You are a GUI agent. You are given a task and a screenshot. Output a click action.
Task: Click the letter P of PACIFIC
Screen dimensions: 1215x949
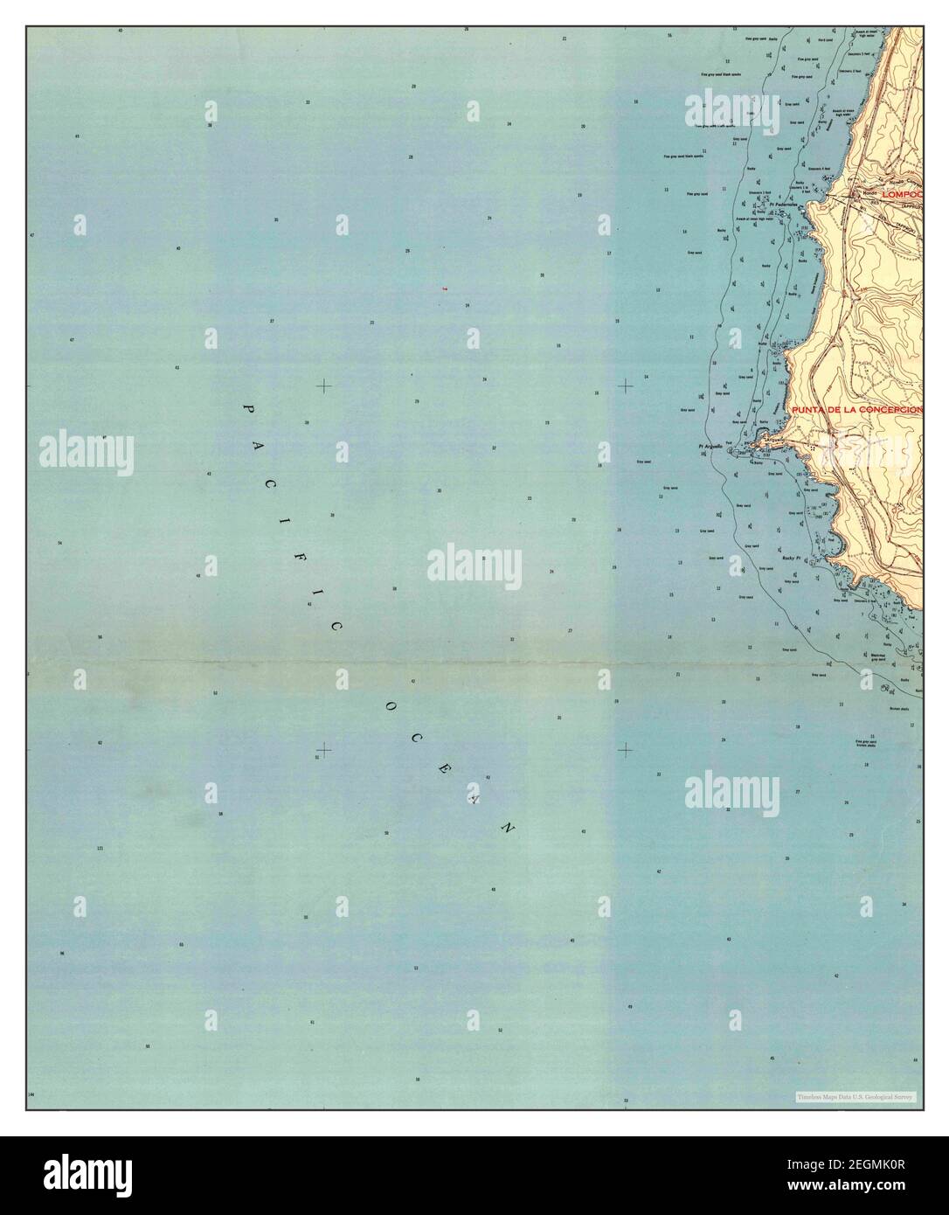(x=247, y=409)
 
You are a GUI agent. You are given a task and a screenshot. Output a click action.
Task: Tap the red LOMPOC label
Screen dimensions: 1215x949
(x=901, y=195)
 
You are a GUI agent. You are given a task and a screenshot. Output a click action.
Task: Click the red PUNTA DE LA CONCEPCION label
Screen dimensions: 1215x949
(x=856, y=410)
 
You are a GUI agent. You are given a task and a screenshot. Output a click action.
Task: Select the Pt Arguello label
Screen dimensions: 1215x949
(x=710, y=447)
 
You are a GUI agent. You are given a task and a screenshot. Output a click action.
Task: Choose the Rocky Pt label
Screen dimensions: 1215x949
(x=792, y=558)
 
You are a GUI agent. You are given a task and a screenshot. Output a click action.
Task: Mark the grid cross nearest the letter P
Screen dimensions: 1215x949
(x=324, y=385)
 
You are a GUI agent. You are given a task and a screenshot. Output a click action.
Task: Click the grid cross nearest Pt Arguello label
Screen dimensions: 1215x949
(x=626, y=385)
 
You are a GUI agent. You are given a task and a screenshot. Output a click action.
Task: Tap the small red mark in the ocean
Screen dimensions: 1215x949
(x=445, y=288)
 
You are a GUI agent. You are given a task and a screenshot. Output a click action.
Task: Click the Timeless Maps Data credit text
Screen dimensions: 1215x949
(x=854, y=1096)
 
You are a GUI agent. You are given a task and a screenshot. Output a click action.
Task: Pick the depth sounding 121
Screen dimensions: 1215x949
(x=100, y=849)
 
